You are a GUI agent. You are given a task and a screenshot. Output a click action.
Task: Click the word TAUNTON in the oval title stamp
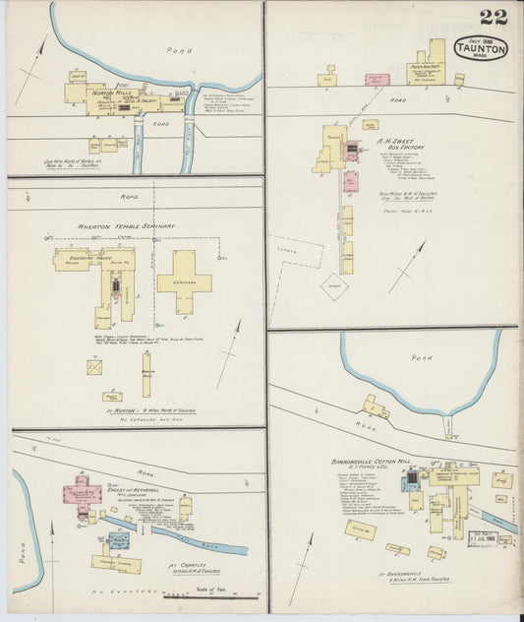coord(482,48)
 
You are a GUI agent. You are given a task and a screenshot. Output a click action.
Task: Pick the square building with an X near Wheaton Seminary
coord(95,367)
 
